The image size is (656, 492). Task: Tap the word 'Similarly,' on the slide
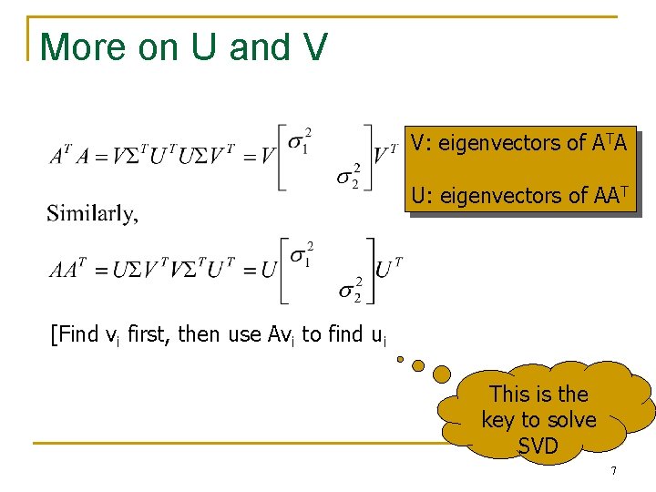(93, 214)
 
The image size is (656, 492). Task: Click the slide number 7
(613, 471)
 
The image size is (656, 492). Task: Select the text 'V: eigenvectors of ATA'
(518, 143)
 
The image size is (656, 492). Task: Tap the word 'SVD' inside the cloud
(538, 446)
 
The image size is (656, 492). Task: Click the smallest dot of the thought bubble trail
(400, 358)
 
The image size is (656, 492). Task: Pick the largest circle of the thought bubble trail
(441, 374)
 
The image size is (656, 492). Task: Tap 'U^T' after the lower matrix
(389, 267)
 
